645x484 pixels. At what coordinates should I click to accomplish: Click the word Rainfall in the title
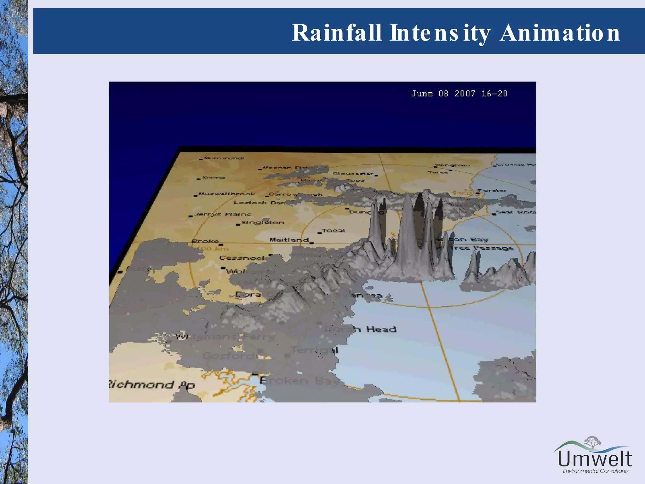336,33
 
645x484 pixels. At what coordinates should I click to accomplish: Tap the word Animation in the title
560,33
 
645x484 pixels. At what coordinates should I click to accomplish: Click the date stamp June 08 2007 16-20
459,94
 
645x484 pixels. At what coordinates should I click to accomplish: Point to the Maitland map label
289,240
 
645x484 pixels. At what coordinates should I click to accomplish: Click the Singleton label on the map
263,222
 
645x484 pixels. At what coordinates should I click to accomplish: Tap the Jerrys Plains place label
223,214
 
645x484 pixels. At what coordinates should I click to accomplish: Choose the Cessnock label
242,258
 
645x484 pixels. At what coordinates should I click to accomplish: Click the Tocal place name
334,231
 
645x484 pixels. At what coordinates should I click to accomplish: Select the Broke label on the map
205,241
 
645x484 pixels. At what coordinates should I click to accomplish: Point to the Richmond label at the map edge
151,385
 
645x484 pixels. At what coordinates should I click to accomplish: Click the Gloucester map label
353,174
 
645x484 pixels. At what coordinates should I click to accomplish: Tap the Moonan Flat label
285,168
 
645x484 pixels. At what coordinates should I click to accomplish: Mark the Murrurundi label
224,158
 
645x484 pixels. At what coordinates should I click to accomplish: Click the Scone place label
214,178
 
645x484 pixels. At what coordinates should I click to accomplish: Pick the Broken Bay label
299,381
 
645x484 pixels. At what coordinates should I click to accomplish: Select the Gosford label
229,356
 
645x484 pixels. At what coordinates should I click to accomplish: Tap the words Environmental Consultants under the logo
596,471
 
